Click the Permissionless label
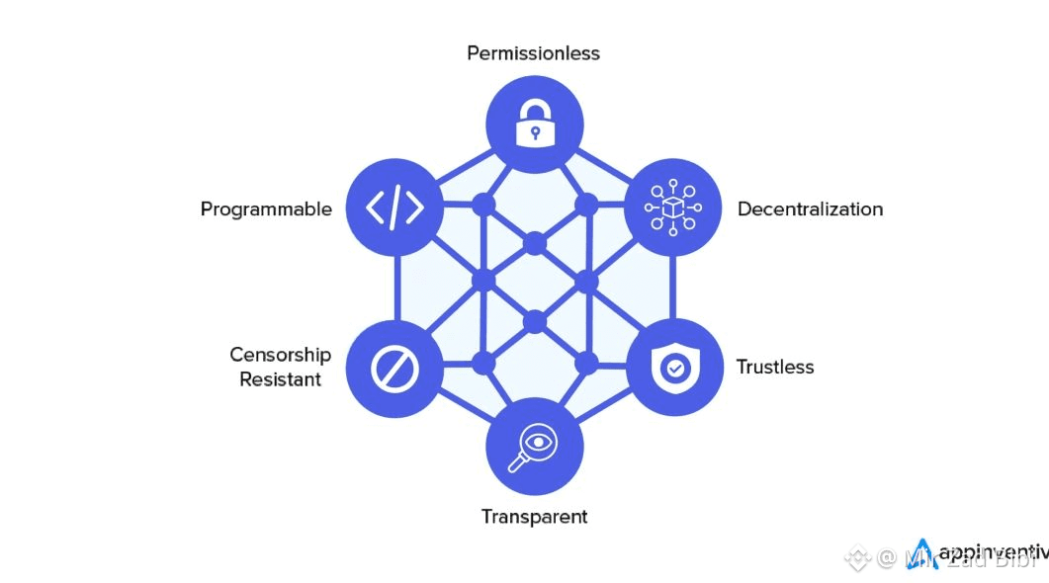pyautogui.click(x=533, y=53)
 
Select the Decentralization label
pyautogui.click(x=810, y=209)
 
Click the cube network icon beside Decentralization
pyautogui.click(x=672, y=208)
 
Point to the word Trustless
pyautogui.click(x=775, y=367)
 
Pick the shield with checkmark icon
pyautogui.click(x=674, y=367)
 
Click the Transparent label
pyautogui.click(x=534, y=517)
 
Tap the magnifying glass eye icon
pyautogui.click(x=534, y=447)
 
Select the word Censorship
pyautogui.click(x=280, y=355)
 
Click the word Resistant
pyautogui.click(x=280, y=379)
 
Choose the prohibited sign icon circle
pyautogui.click(x=394, y=368)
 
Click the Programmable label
pyautogui.click(x=266, y=209)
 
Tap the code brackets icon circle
pyautogui.click(x=394, y=208)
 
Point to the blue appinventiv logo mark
pyautogui.click(x=922, y=554)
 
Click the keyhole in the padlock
pyautogui.click(x=535, y=132)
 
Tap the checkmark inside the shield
pyautogui.click(x=674, y=368)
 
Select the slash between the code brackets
pyautogui.click(x=394, y=208)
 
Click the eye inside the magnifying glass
pyautogui.click(x=539, y=441)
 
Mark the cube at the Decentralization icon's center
pyautogui.click(x=672, y=208)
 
